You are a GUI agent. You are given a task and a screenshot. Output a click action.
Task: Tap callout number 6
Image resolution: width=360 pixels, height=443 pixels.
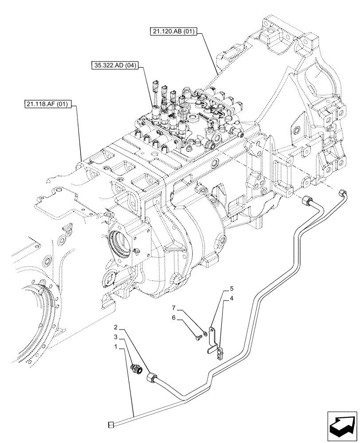click(174, 318)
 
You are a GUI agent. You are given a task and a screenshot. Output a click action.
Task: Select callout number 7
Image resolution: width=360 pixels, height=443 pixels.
click(174, 307)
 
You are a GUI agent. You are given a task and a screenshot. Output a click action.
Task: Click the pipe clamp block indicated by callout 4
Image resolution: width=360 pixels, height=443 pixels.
click(219, 353)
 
